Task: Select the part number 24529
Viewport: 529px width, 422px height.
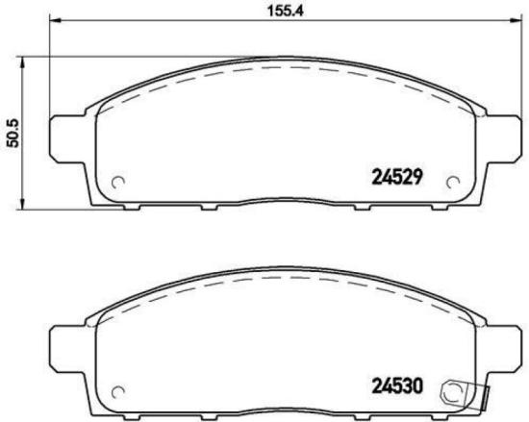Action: click(398, 177)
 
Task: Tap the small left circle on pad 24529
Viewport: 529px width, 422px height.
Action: click(119, 183)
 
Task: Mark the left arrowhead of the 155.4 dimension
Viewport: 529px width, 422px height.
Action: click(52, 20)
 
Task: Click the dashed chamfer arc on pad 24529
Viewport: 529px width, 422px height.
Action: click(279, 69)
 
